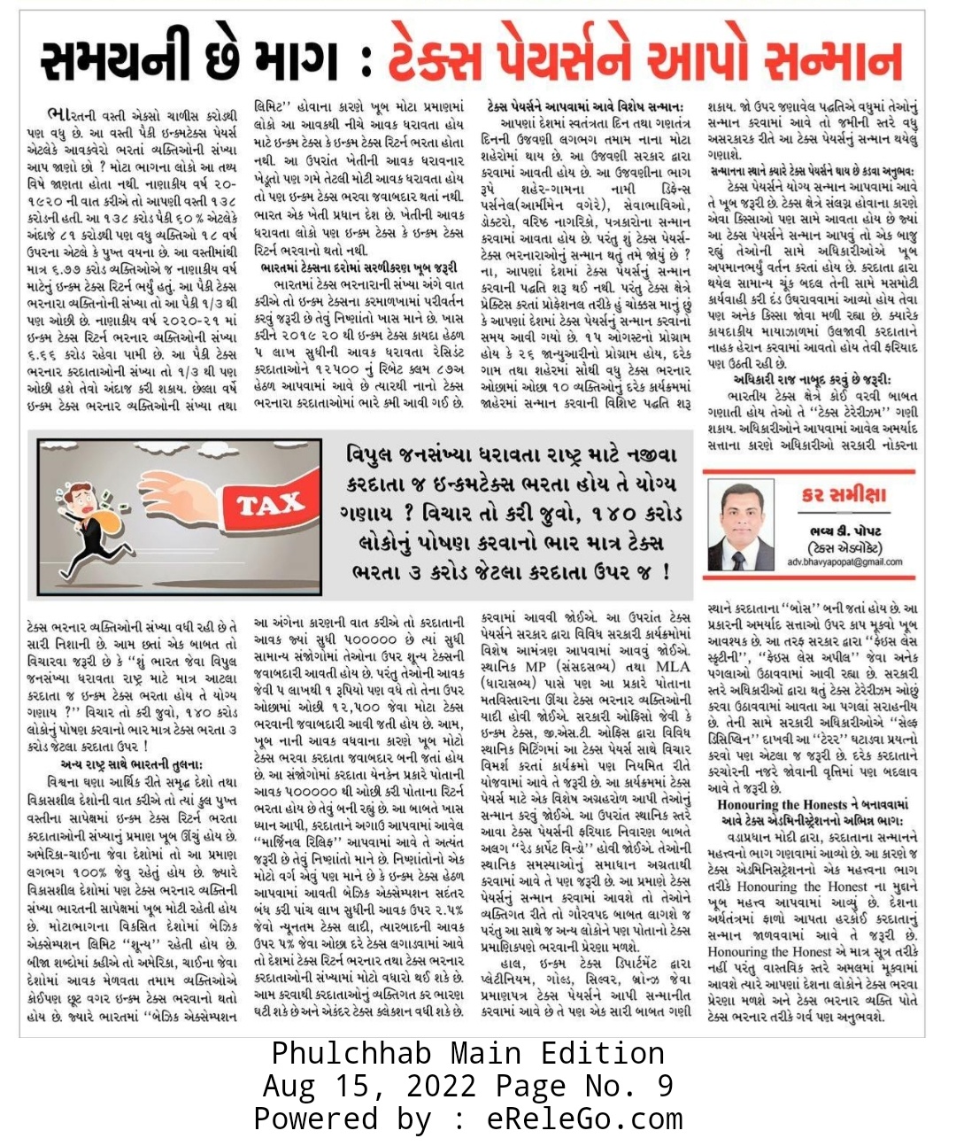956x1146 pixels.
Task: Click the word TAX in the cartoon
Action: (271, 506)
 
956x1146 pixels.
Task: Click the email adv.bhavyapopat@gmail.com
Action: (844, 561)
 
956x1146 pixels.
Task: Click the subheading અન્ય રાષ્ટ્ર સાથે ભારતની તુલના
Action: (132, 763)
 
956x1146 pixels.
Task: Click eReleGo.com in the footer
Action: (585, 1119)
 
